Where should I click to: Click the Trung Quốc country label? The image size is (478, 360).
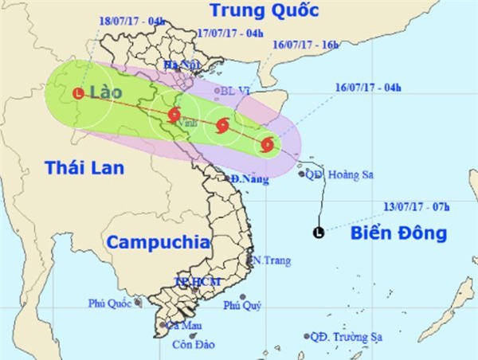(x=263, y=11)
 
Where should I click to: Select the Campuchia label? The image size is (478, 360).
(x=158, y=241)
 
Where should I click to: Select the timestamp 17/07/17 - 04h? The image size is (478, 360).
(x=229, y=34)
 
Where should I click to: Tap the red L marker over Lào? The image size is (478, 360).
(x=77, y=93)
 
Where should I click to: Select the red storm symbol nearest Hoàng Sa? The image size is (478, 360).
(x=267, y=145)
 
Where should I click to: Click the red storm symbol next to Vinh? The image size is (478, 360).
(x=174, y=115)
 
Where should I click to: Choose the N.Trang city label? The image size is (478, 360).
(x=270, y=260)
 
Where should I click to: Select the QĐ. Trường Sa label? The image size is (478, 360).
(x=346, y=337)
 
